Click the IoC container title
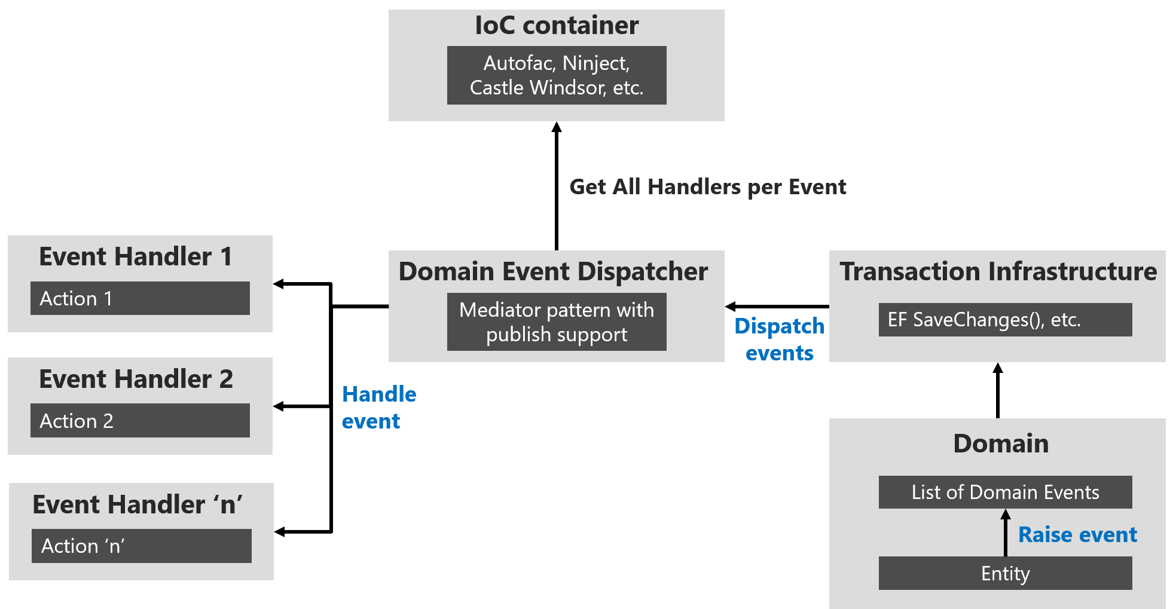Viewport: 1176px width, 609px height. (x=557, y=26)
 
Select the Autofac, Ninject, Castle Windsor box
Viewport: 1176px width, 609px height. (x=557, y=75)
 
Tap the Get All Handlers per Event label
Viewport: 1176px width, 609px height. (x=708, y=187)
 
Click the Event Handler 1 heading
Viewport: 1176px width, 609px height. (x=136, y=257)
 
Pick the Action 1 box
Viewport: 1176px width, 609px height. (x=140, y=298)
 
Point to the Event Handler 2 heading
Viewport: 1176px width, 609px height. (x=136, y=380)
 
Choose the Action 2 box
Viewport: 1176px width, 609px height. (x=140, y=421)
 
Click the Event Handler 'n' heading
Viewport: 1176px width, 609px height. (x=138, y=505)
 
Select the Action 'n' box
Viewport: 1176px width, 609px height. (x=141, y=546)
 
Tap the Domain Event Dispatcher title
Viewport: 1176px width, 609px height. (x=553, y=271)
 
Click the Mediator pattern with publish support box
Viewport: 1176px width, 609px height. (x=557, y=322)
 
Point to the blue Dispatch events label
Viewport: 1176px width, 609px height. (x=779, y=339)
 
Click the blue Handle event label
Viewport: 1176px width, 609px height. (x=378, y=408)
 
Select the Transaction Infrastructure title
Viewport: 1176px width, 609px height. (x=998, y=271)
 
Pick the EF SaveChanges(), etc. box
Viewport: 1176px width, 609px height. (x=1005, y=320)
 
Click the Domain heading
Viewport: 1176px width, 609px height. (x=1001, y=444)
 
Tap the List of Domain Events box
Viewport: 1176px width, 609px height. (x=1005, y=492)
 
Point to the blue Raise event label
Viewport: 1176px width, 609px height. (x=1077, y=535)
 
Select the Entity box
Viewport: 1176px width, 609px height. (x=1005, y=573)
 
